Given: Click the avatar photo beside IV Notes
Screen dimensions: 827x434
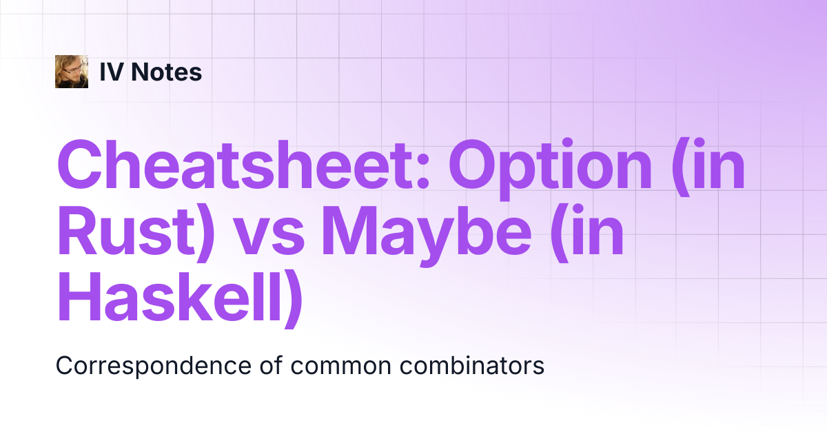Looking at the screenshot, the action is (x=72, y=72).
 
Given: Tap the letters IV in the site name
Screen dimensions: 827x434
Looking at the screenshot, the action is (x=112, y=72).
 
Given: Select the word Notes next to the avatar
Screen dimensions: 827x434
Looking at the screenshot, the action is (x=167, y=72).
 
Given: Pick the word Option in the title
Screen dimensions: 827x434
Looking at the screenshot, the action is (x=551, y=169).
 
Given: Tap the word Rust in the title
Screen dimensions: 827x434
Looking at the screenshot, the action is (x=126, y=230).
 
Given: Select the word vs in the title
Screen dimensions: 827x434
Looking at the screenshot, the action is (x=270, y=237).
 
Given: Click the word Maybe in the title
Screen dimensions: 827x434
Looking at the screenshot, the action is (x=427, y=236).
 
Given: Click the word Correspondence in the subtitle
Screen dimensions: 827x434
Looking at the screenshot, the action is (x=154, y=366).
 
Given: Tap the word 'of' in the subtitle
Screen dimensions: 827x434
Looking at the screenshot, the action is (x=272, y=365).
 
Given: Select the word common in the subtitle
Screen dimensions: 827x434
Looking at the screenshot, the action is (x=340, y=368).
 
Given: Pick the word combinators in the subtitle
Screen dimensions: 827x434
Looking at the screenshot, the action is (x=472, y=365).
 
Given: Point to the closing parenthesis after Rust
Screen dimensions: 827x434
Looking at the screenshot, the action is (x=205, y=234).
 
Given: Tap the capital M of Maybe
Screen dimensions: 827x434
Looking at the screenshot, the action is (x=349, y=231).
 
